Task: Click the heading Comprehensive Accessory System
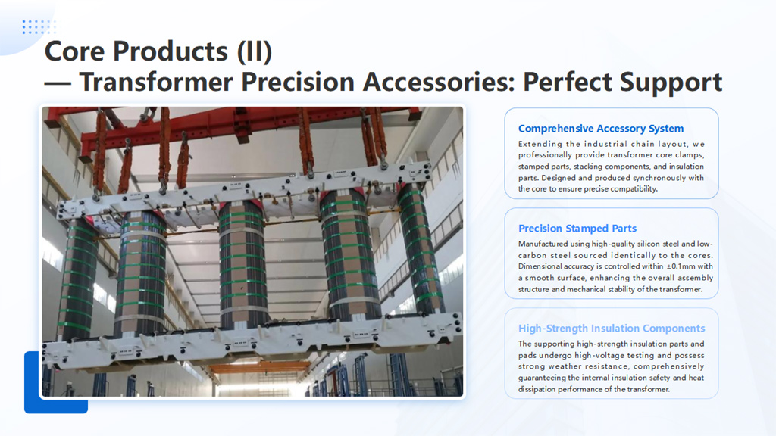601,129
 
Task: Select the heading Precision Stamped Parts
577,229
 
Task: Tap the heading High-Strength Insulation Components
612,329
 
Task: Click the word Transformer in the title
156,82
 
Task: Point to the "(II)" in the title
255,51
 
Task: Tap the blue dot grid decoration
39,26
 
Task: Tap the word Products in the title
171,51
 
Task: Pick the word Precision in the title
298,82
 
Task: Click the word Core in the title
74,51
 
